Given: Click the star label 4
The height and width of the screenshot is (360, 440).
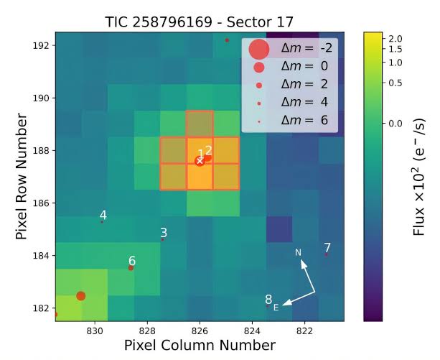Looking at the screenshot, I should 103,215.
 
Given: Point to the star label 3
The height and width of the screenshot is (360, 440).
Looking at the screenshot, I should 164,232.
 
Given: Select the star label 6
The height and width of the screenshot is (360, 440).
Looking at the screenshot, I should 132,261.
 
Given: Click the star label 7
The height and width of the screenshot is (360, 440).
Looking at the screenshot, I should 327,247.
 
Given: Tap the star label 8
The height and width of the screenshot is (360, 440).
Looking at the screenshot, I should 268,300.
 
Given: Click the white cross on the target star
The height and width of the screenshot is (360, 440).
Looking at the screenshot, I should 200,160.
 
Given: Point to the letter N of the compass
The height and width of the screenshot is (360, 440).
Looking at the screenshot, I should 299,252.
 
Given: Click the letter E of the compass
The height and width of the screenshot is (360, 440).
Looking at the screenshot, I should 285,306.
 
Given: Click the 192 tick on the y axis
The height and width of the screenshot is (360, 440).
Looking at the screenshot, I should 42,45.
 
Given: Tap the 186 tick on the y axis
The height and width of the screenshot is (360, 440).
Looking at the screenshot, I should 42,203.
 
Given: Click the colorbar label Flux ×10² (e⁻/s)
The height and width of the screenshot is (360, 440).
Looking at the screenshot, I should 423,177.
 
